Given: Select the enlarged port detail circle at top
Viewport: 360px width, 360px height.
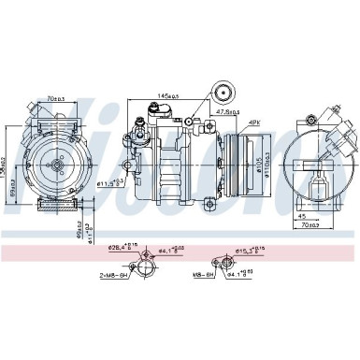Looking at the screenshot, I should click(223, 93).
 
